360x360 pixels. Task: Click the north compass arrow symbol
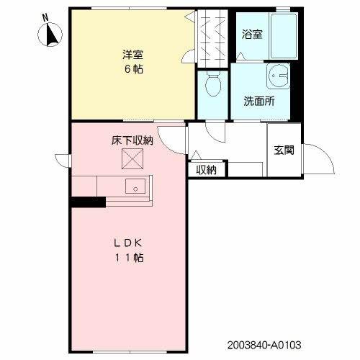(x=52, y=34)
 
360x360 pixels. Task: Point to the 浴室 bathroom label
(x=253, y=33)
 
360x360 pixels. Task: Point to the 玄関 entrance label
(x=283, y=150)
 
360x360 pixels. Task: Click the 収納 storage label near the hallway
(x=207, y=170)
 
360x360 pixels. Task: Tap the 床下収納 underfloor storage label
(x=132, y=140)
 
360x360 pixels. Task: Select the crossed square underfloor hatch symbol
(x=132, y=158)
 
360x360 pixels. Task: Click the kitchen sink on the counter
(x=135, y=187)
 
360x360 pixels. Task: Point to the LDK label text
(x=130, y=243)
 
